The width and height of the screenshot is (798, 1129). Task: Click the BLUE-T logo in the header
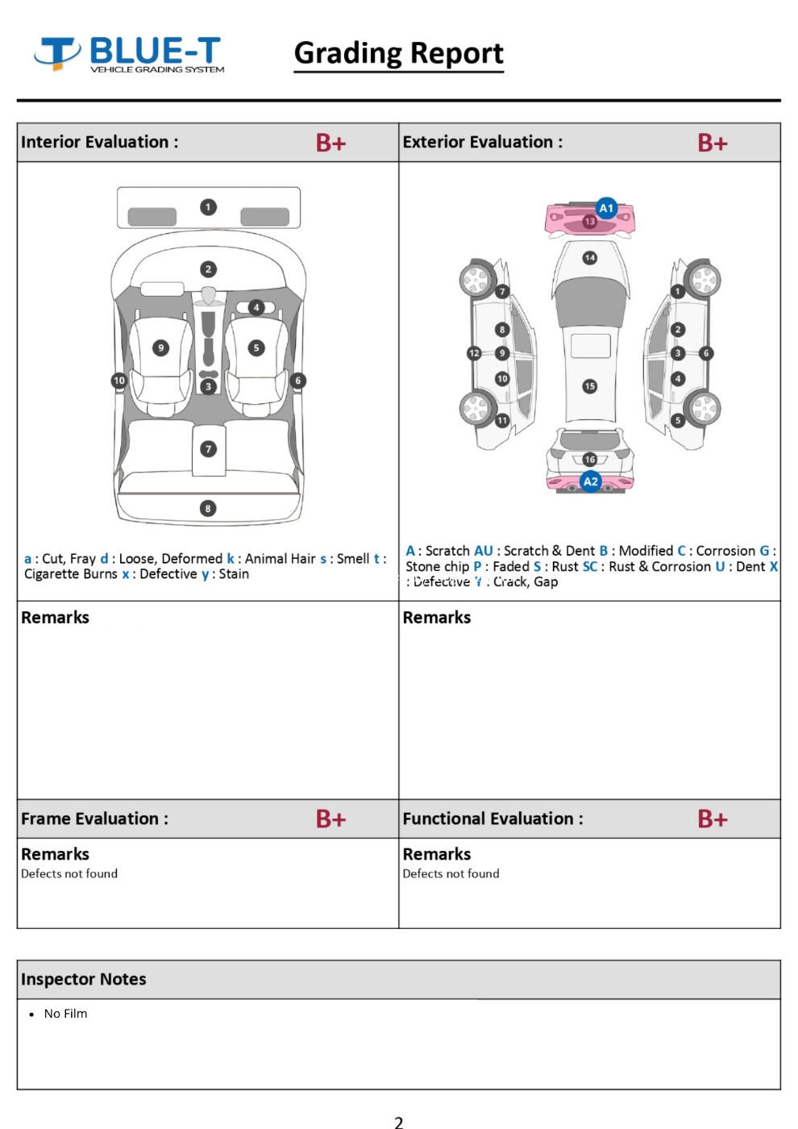(129, 54)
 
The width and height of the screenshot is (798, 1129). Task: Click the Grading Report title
(398, 53)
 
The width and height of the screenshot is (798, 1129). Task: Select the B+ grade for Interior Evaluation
(330, 143)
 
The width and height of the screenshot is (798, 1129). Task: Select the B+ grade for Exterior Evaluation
(713, 143)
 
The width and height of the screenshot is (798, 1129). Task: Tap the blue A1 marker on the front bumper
(606, 208)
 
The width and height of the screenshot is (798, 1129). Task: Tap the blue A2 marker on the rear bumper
(591, 481)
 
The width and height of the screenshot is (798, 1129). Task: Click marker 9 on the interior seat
(161, 348)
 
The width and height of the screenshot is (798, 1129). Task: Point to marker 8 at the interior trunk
(208, 508)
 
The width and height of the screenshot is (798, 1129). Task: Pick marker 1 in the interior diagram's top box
(208, 207)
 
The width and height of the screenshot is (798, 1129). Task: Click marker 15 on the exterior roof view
(590, 386)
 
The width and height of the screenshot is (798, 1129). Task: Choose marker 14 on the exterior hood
(590, 258)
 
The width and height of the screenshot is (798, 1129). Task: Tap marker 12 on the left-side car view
(474, 353)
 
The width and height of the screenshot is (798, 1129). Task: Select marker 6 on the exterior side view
(706, 353)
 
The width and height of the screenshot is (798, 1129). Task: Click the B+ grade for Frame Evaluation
(330, 819)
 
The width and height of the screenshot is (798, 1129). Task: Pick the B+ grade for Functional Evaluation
(713, 819)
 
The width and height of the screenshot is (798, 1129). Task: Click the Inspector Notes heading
(84, 979)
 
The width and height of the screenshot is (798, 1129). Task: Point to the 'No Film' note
(65, 1014)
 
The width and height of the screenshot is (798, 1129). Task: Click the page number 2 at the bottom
(398, 1121)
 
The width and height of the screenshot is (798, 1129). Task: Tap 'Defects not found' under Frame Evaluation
(69, 873)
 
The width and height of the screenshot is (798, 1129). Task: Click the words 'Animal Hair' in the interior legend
(280, 558)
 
